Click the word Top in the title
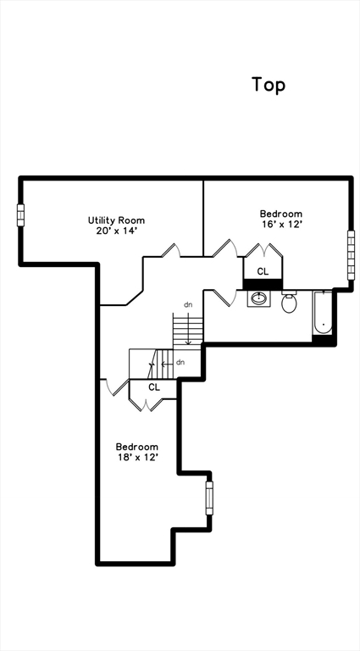pos(269,85)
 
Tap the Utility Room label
pos(116,220)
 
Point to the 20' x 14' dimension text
pos(116,231)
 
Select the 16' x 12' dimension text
pos(281,224)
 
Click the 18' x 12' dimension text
pos(137,457)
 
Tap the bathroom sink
pos(259,298)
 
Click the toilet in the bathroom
pos(289,302)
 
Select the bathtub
pos(323,312)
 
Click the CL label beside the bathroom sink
pos(263,272)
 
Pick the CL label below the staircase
pos(154,387)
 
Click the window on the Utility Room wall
pos(20,215)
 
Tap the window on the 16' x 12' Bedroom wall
pos(351,255)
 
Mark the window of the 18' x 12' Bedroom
pos(209,498)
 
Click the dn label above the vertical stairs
pos(188,305)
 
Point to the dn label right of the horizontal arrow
pos(180,363)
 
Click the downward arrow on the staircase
pos(188,329)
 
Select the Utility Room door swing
pos(171,250)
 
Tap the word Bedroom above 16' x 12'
pos(281,214)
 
